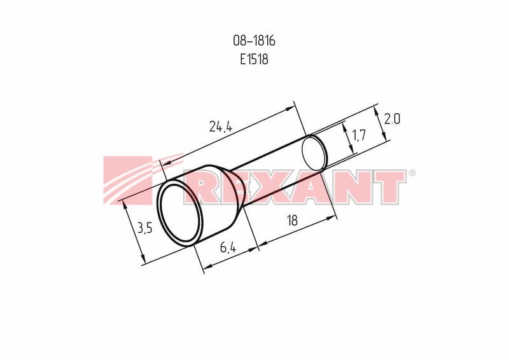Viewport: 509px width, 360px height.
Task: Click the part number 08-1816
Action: (x=254, y=41)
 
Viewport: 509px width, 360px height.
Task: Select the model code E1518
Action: (x=254, y=59)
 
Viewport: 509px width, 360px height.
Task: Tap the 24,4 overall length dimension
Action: (x=221, y=127)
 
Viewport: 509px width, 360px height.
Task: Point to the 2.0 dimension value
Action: (x=392, y=119)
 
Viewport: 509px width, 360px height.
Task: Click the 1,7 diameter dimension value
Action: (x=359, y=135)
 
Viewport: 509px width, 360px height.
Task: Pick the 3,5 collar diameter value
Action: (x=145, y=228)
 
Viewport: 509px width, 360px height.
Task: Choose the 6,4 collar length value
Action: (x=228, y=247)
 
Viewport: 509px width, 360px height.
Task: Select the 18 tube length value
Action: (x=292, y=221)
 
